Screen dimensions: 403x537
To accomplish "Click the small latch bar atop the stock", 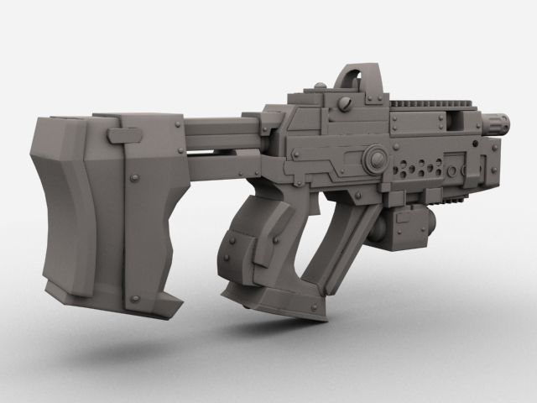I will click(125, 133).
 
